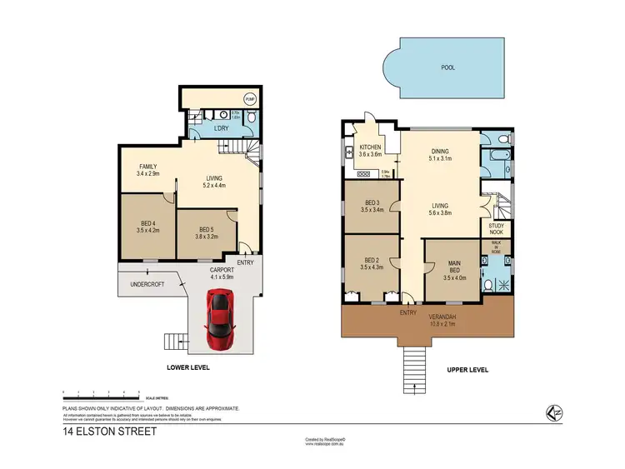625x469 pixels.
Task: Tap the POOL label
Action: pos(447,67)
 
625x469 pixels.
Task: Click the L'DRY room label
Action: pos(221,128)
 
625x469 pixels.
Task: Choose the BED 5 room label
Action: pos(206,231)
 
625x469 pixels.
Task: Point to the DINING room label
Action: pos(440,151)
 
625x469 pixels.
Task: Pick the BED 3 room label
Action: pos(372,202)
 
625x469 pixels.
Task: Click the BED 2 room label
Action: pos(372,261)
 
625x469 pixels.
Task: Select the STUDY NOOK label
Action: pos(496,228)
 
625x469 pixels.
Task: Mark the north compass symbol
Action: pos(552,411)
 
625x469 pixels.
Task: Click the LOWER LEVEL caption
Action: pos(187,367)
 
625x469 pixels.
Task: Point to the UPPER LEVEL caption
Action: pos(467,370)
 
